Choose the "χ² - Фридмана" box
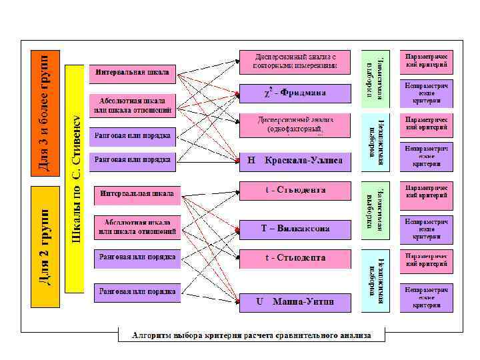point(295,93)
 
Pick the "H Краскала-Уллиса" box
point(295,161)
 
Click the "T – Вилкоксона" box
point(295,229)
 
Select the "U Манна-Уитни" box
point(295,302)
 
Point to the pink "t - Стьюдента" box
point(295,191)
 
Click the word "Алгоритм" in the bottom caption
point(153,335)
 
